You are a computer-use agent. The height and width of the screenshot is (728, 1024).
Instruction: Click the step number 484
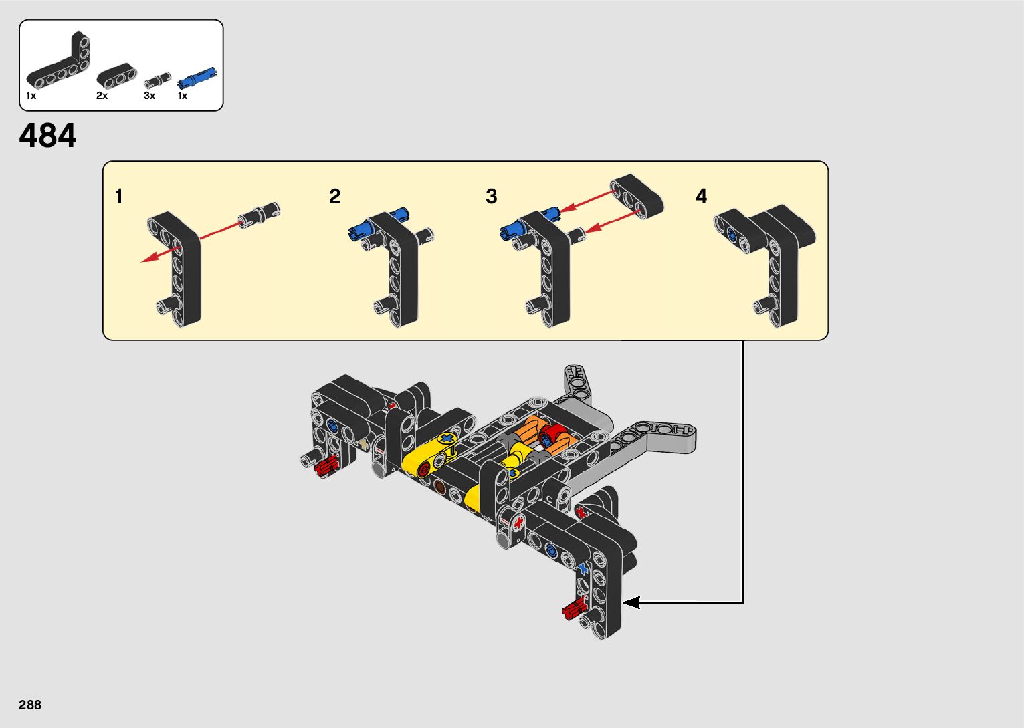47,136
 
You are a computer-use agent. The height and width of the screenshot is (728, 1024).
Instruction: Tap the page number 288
30,705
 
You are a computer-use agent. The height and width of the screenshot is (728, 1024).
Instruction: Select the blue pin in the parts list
197,79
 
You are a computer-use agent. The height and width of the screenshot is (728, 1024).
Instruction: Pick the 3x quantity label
149,96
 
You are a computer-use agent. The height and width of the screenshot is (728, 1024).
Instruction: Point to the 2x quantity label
102,96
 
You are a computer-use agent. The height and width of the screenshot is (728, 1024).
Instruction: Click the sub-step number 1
119,196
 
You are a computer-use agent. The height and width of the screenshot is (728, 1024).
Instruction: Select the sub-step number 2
334,196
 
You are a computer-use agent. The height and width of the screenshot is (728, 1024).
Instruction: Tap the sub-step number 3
492,196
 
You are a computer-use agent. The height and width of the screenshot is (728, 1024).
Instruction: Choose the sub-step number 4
701,196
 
